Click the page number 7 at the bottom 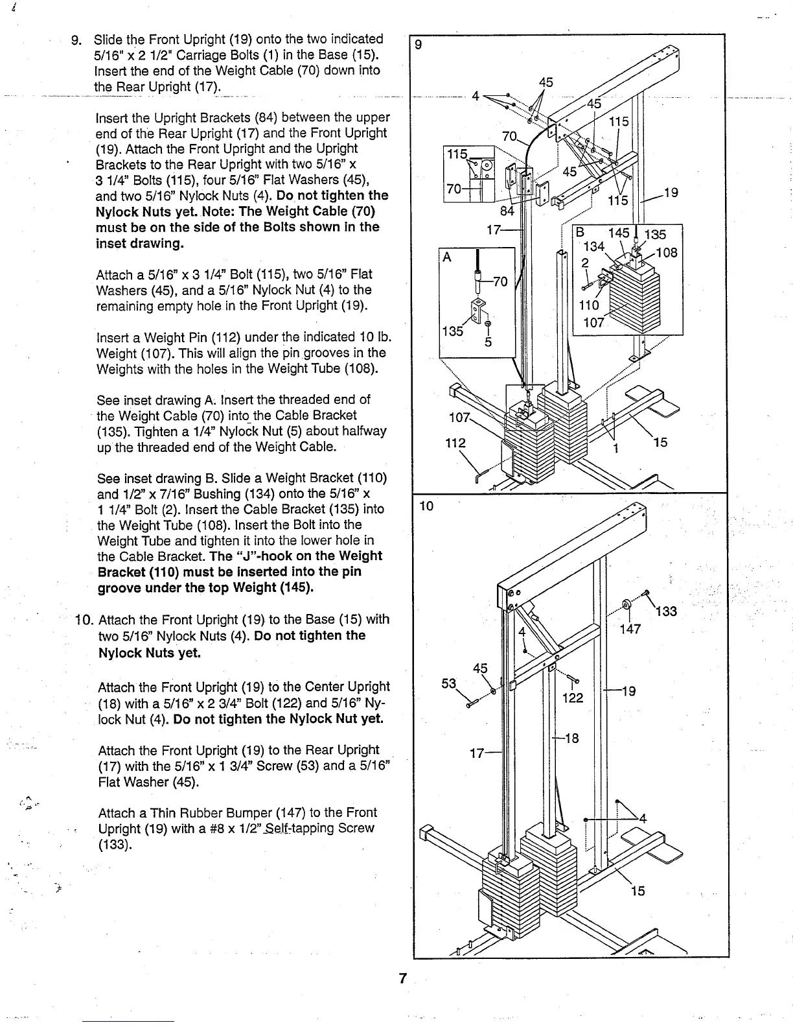pos(402,979)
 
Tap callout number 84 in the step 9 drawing pos(507,211)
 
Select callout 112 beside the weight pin pos(455,443)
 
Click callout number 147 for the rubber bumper pos(630,628)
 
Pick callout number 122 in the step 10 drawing pos(573,698)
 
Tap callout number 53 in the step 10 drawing pos(449,683)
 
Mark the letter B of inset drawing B pos(580,233)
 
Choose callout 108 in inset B pos(667,252)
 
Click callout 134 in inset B pos(593,246)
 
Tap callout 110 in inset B pos(589,305)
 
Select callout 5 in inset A pos(488,342)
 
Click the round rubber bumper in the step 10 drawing pos(626,605)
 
